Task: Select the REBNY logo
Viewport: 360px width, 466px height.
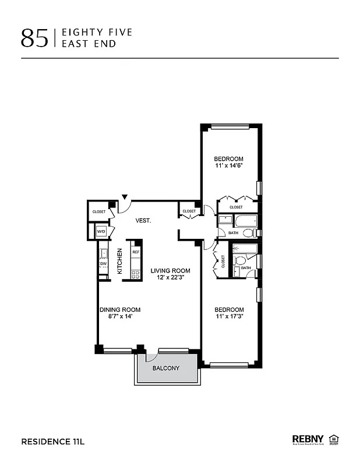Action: coord(308,439)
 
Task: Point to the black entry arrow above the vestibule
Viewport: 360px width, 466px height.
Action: coord(124,197)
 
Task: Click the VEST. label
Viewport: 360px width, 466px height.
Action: coord(143,221)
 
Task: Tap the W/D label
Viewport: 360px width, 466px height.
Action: coord(101,232)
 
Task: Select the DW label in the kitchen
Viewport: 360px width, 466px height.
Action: coord(103,264)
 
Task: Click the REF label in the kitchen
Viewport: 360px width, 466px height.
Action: coord(136,252)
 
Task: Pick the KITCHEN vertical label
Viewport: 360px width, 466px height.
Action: coord(120,261)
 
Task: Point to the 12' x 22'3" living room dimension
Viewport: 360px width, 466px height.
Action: coord(170,278)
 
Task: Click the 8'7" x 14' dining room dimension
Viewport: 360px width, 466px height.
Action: coord(119,317)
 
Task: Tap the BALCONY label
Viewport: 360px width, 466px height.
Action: coord(165,369)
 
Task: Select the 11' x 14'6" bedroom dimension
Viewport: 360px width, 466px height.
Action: coord(228,166)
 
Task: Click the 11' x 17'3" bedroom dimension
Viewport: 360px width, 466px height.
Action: coord(228,317)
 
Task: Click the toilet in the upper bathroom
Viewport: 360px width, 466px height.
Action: coord(248,233)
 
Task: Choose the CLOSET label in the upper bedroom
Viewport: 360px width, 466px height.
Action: coord(236,207)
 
